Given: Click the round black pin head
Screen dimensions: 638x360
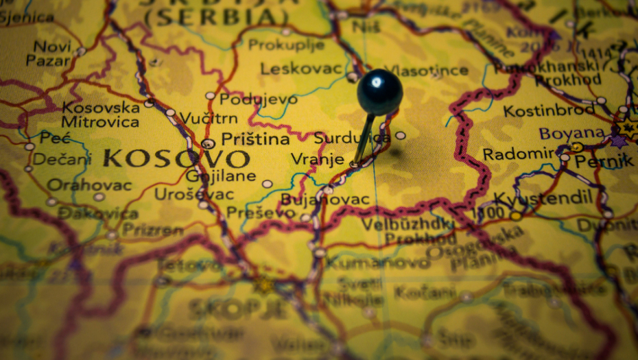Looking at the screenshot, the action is click(379, 92).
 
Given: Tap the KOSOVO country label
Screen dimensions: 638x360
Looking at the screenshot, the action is click(176, 159).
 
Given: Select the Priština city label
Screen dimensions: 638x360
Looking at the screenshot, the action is click(256, 139).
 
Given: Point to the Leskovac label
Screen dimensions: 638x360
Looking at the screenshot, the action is click(301, 68).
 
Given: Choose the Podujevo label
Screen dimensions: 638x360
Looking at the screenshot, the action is click(259, 99).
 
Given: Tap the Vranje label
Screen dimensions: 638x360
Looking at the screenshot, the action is click(317, 159).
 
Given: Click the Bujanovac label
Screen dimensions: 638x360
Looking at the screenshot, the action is click(325, 200).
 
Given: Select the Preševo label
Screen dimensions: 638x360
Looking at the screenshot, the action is click(261, 213).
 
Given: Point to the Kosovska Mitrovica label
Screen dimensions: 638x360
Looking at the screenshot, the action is click(100, 115).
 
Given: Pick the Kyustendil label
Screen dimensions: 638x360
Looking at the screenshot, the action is click(543, 198).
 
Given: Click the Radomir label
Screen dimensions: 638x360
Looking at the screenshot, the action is click(519, 154).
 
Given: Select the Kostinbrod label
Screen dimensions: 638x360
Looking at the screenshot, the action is click(548, 110).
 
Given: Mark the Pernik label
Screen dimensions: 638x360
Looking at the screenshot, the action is click(604, 161).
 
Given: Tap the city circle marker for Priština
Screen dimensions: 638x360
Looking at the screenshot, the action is click(208, 143).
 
